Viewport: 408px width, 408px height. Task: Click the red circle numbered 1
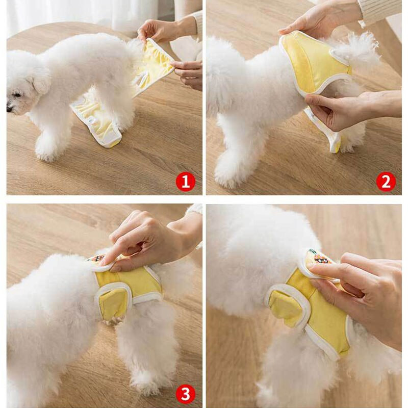pos(185,182)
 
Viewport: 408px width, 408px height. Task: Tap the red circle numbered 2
pos(386,182)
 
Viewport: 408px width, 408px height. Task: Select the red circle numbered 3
pos(185,394)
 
